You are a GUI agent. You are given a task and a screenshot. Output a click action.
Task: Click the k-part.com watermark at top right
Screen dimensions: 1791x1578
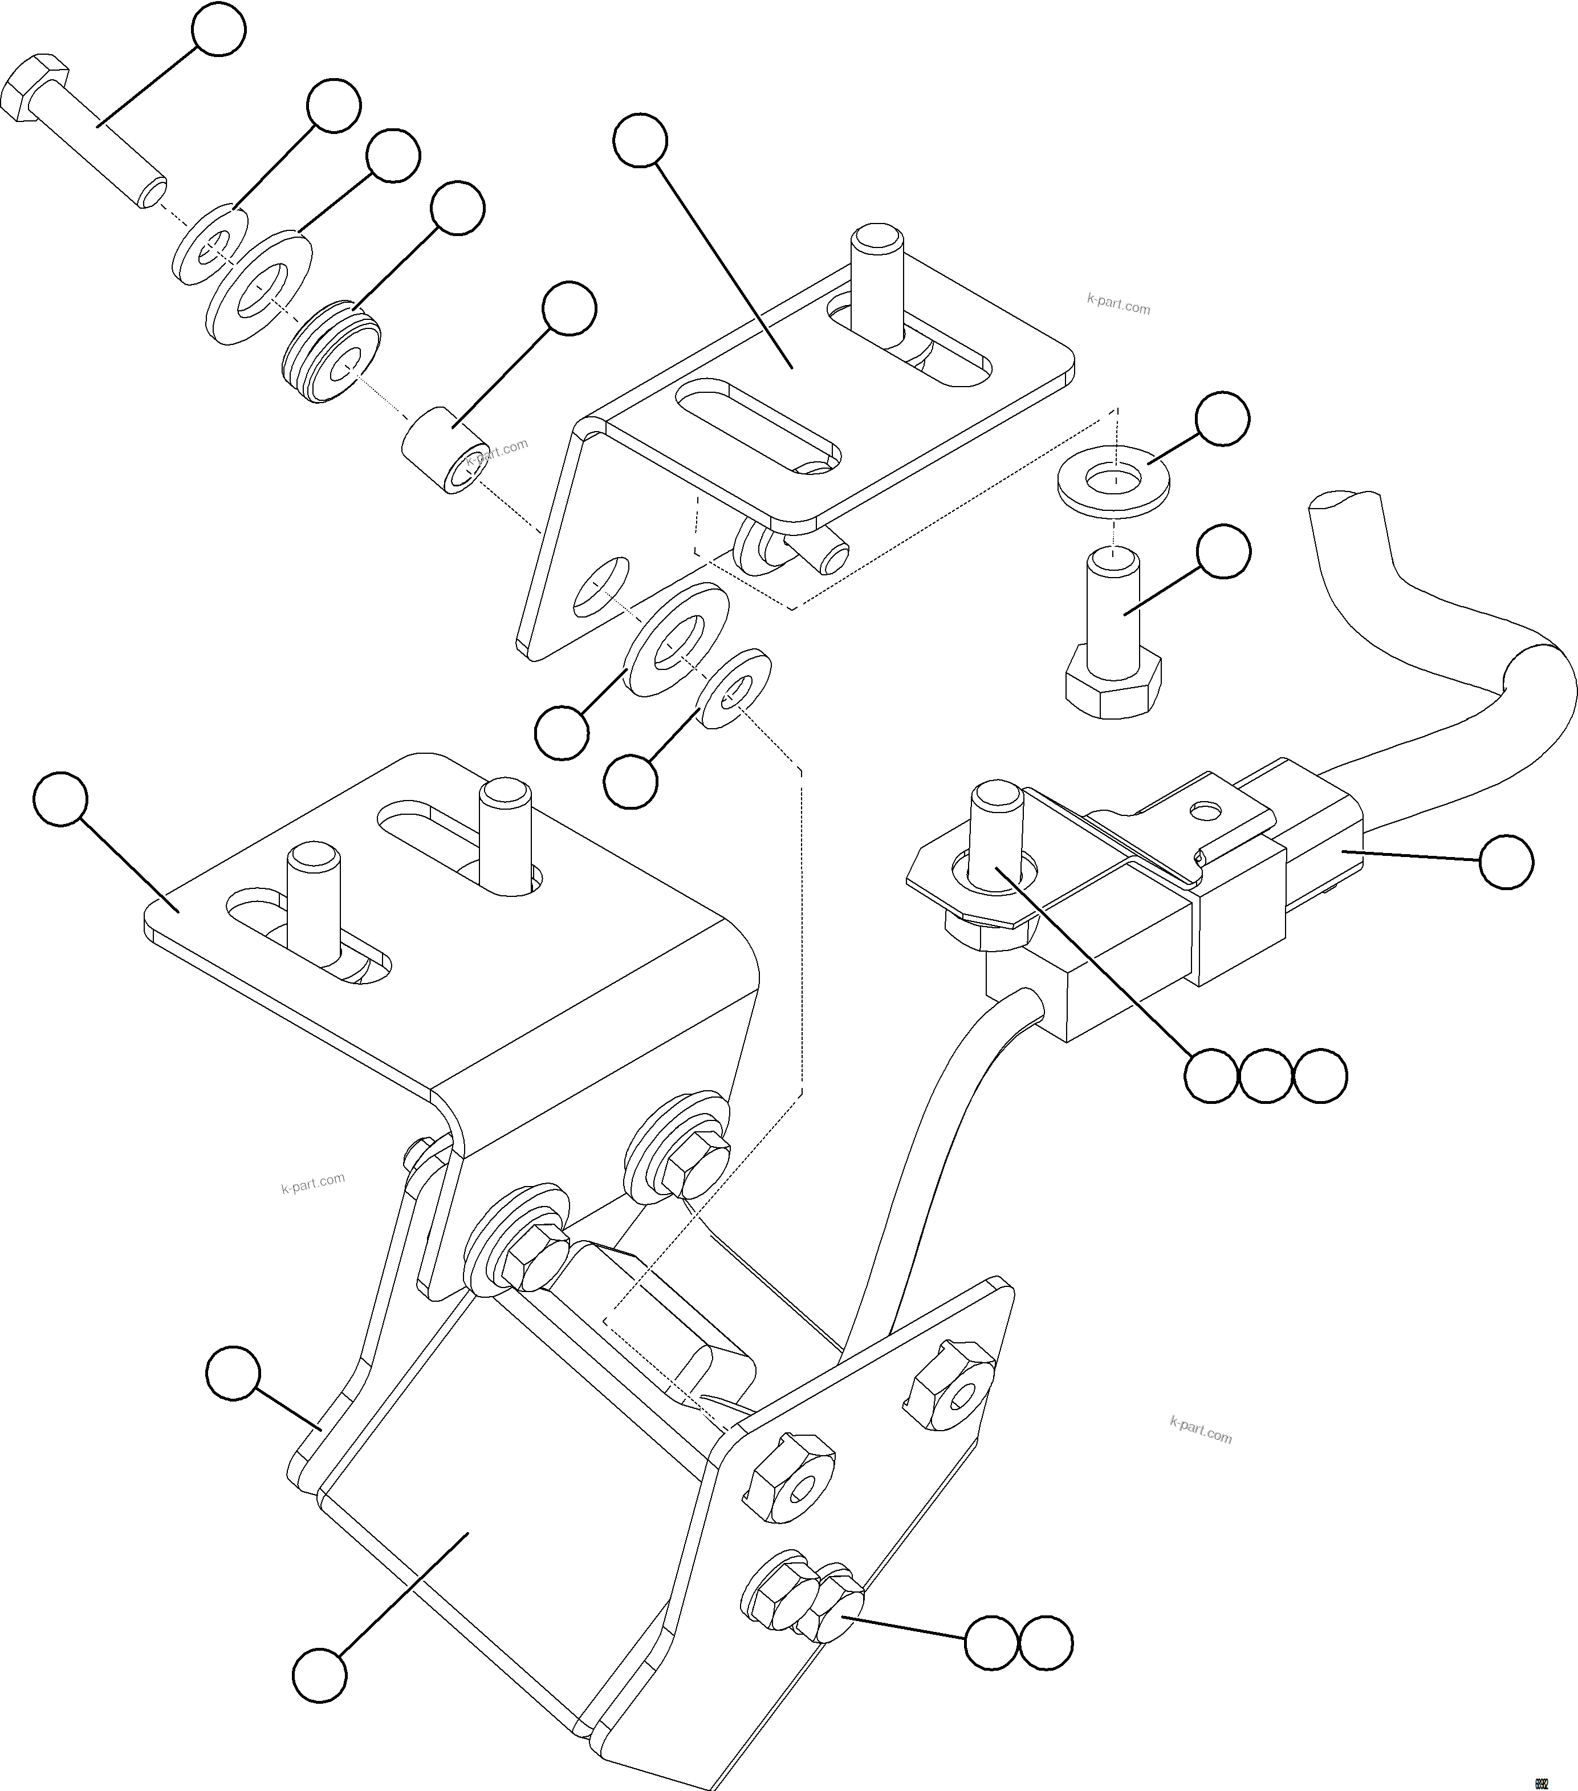(1118, 304)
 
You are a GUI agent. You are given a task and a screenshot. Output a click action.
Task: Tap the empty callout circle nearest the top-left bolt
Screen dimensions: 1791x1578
(219, 29)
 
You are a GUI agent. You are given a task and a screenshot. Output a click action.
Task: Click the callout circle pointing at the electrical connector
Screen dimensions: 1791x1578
(1506, 862)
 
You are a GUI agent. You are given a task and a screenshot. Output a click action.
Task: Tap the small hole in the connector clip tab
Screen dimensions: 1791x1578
(1207, 810)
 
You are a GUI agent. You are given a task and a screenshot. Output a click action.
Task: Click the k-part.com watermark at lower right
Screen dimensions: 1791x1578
(1201, 1430)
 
